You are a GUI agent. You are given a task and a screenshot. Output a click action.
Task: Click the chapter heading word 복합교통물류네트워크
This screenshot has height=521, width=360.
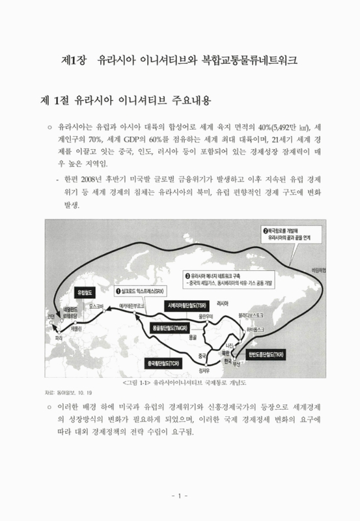coord(242,61)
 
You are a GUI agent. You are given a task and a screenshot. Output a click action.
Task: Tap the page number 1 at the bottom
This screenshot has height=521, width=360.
coord(180,496)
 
